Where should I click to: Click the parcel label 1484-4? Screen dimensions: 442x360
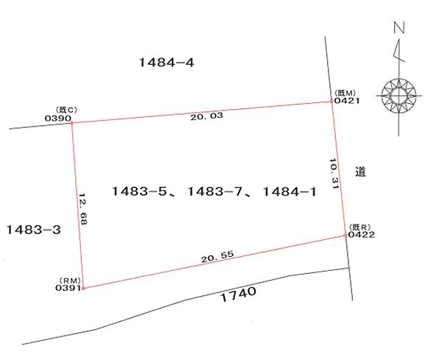(x=166, y=63)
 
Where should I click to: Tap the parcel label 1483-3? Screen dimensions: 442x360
(x=34, y=230)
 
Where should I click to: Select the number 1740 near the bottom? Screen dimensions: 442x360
(x=238, y=294)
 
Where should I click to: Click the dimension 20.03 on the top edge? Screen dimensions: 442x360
(x=206, y=116)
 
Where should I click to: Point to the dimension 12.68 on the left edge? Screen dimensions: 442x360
(x=83, y=209)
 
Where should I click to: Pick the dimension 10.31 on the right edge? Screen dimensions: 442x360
(x=334, y=174)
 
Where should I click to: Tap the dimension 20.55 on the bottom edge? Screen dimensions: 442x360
(x=217, y=256)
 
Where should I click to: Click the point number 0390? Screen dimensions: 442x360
(x=57, y=119)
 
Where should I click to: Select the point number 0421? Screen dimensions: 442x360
(x=347, y=101)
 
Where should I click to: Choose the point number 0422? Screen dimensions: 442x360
(x=362, y=234)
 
